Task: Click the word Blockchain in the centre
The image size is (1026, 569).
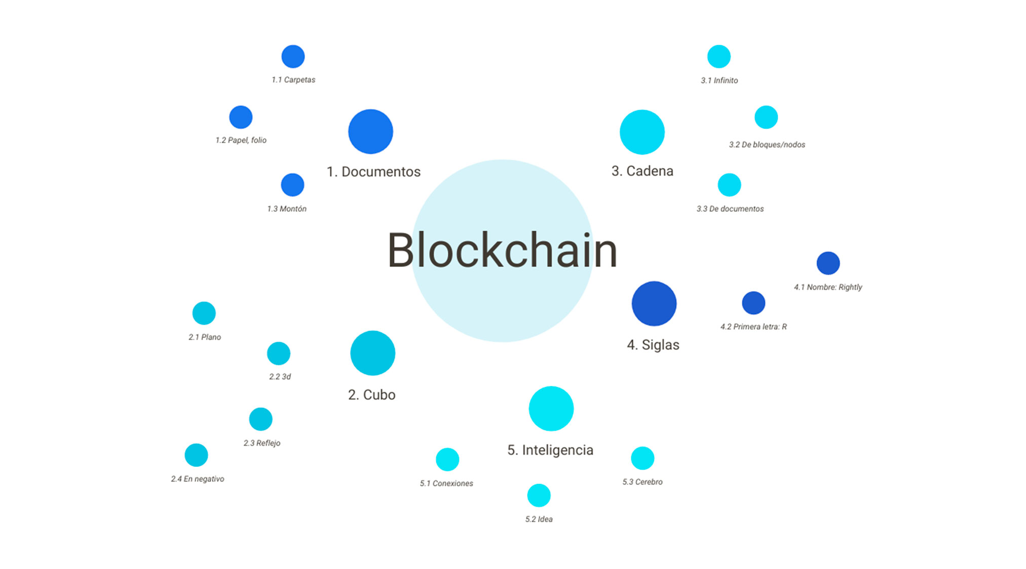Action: [x=502, y=250]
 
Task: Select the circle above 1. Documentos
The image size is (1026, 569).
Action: [x=370, y=132]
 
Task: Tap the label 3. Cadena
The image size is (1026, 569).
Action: [x=642, y=171]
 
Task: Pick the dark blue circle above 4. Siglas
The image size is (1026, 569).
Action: [x=654, y=304]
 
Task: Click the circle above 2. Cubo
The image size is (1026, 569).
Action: [x=372, y=353]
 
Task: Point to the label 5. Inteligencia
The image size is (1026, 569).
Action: [x=550, y=450]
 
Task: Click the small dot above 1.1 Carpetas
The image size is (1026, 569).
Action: [x=293, y=56]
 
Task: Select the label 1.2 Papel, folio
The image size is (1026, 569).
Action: [x=241, y=140]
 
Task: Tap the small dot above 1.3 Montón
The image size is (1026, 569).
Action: [x=292, y=185]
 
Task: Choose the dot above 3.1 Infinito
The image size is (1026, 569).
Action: [x=718, y=56]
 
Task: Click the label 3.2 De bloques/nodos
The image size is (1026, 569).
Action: [x=767, y=145]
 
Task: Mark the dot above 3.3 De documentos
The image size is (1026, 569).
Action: [x=729, y=185]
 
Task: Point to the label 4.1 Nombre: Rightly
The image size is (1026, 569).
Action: [x=827, y=287]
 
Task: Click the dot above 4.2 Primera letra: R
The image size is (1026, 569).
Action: [x=753, y=303]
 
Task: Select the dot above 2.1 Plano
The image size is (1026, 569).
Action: [x=204, y=313]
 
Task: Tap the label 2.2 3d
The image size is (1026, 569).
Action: [x=280, y=377]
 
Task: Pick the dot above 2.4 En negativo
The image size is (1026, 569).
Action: [x=196, y=455]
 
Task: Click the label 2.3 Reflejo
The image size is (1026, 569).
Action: [x=261, y=443]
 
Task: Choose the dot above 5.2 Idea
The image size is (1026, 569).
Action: [x=539, y=496]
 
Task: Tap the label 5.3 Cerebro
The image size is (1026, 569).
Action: [x=642, y=482]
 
